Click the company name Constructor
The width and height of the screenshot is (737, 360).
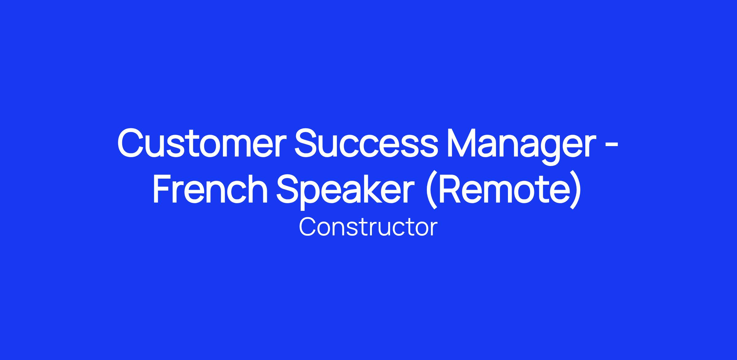[368, 227]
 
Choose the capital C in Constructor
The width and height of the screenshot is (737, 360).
[308, 227]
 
